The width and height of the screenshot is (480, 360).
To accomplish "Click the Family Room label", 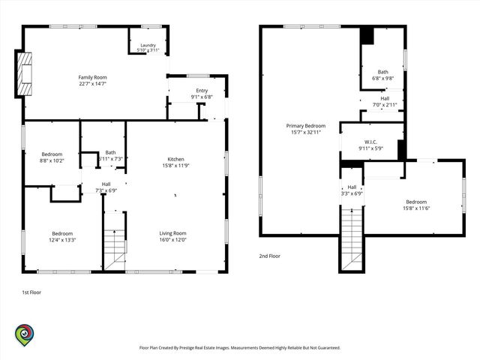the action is click(x=92, y=77).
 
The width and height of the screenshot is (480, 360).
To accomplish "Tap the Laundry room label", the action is click(x=148, y=45).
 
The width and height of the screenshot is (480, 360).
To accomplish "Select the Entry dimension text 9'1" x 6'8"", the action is click(x=202, y=97).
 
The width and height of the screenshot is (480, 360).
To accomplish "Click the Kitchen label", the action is click(x=176, y=159).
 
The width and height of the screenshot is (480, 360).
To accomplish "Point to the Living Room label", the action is click(x=172, y=233).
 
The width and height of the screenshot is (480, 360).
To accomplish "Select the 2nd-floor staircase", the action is click(x=352, y=238).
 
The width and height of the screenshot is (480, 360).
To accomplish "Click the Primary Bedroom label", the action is click(x=306, y=126).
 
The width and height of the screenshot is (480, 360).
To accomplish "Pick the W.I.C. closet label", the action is click(x=370, y=142).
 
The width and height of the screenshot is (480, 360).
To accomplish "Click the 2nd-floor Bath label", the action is click(x=383, y=72).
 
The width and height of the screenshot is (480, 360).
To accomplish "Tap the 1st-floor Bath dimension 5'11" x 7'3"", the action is click(x=111, y=159).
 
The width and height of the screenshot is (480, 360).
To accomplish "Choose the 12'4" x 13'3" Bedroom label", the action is click(x=62, y=237).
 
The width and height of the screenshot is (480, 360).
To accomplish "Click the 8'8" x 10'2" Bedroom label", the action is click(x=52, y=157).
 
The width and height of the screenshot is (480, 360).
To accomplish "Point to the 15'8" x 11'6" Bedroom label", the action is click(x=416, y=205).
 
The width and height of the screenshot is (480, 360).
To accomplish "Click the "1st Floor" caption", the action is click(x=31, y=292).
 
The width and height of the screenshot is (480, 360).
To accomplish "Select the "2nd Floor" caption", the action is click(x=270, y=256).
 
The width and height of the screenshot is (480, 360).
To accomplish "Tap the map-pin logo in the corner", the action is click(x=25, y=335).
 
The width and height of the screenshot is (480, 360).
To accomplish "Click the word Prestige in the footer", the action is click(x=187, y=348).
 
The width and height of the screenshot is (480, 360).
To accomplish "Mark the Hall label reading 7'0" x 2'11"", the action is click(x=385, y=102).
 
